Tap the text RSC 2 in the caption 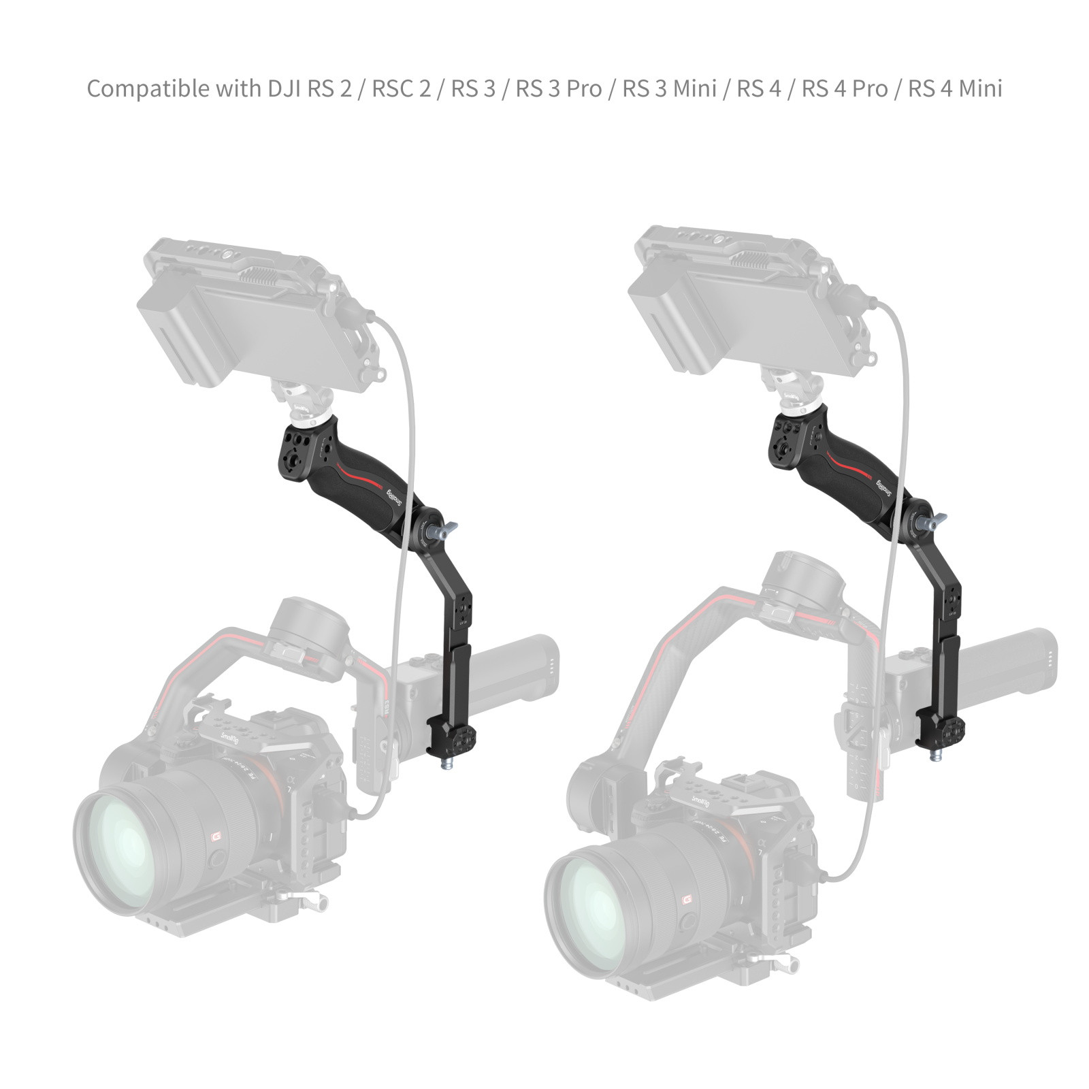coord(401,89)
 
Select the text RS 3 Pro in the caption coord(558,89)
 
